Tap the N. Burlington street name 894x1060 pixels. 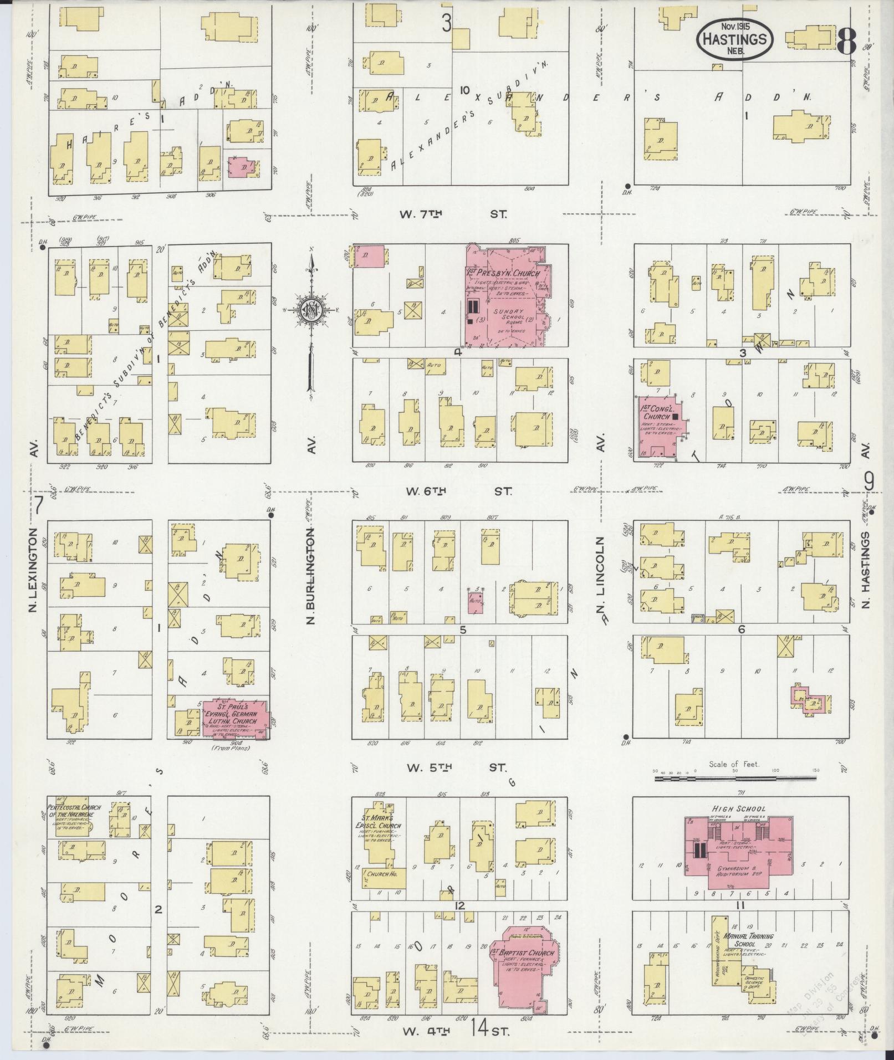pyautogui.click(x=310, y=576)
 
